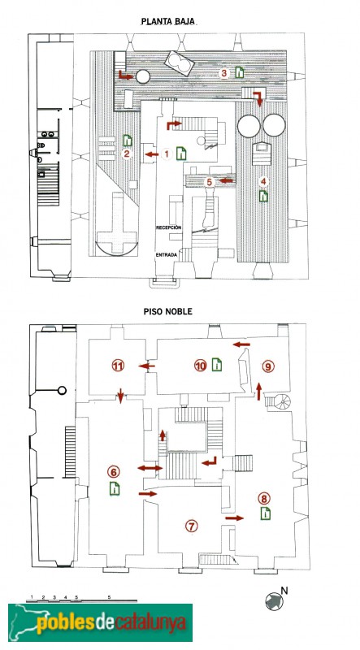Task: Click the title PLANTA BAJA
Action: pyautogui.click(x=168, y=21)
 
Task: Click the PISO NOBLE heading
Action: pyautogui.click(x=168, y=311)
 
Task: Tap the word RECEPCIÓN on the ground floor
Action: pyautogui.click(x=169, y=227)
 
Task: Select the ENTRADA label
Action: pyautogui.click(x=167, y=255)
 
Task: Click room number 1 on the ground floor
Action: pyautogui.click(x=167, y=154)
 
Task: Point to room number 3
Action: pyautogui.click(x=224, y=73)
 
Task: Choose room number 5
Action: pyautogui.click(x=210, y=181)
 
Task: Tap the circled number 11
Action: pyautogui.click(x=119, y=366)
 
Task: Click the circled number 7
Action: pyautogui.click(x=191, y=526)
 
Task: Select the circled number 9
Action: pyautogui.click(x=268, y=366)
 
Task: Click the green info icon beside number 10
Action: pyautogui.click(x=217, y=365)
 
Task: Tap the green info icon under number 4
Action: pyautogui.click(x=263, y=196)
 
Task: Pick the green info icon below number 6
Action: pyautogui.click(x=115, y=489)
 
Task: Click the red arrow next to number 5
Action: pyautogui.click(x=226, y=180)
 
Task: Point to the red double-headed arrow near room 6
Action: pyautogui.click(x=150, y=468)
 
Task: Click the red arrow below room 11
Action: pyautogui.click(x=120, y=396)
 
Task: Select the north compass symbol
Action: pyautogui.click(x=274, y=600)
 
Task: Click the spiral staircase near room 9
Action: pyautogui.click(x=284, y=401)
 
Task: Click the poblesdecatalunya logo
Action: pyautogui.click(x=101, y=622)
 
